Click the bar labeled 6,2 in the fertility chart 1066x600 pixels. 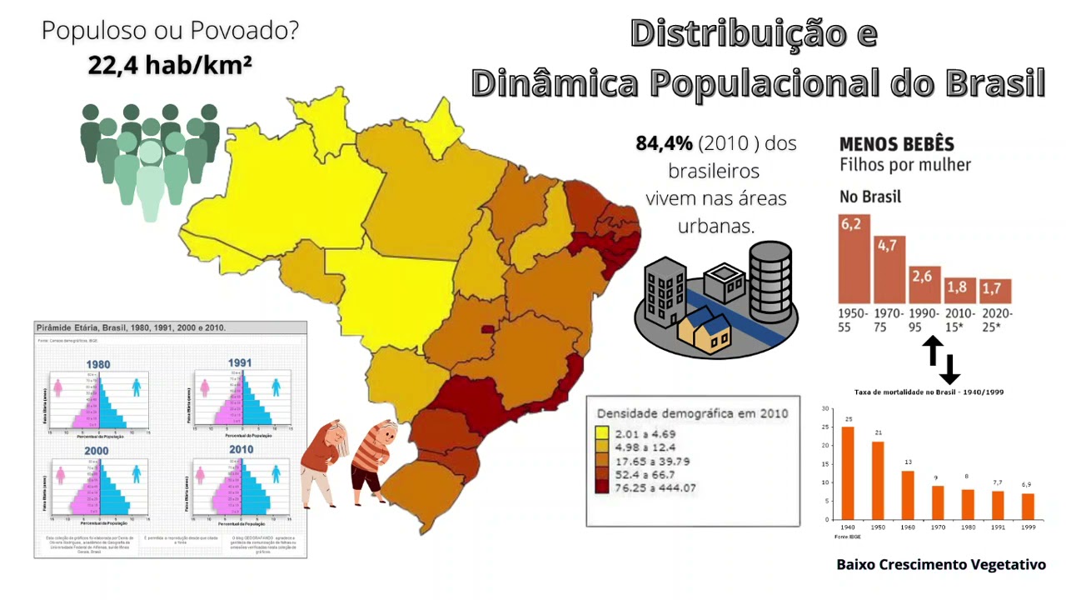[x=854, y=259]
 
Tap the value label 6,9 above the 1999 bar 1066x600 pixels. [x=1026, y=484]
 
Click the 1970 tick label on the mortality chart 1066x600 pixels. [x=937, y=528]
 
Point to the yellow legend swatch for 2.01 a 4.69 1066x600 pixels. [x=601, y=434]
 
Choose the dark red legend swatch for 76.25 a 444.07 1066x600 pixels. [x=601, y=487]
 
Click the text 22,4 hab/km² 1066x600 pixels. [x=170, y=65]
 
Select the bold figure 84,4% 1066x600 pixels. [x=665, y=143]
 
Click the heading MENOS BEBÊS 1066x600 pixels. [x=896, y=143]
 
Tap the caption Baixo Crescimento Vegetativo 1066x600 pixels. [x=940, y=565]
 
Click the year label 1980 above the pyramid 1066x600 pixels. [x=98, y=364]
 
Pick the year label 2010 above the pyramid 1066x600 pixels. [x=242, y=451]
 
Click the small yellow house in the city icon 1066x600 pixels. [x=705, y=328]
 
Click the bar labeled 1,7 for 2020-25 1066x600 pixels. [x=995, y=291]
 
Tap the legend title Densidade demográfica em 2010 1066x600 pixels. [x=693, y=413]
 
